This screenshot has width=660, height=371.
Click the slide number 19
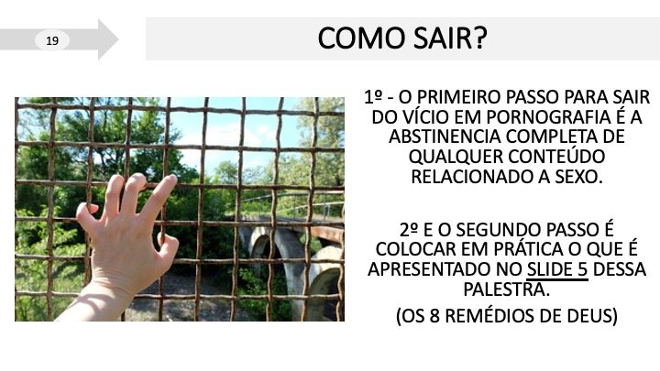(52, 41)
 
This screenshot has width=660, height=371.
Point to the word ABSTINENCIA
(445, 136)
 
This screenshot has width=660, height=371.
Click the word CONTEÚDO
(556, 157)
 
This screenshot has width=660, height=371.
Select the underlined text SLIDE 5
(557, 269)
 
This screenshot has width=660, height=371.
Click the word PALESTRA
(507, 289)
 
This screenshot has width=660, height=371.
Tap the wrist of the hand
(108, 290)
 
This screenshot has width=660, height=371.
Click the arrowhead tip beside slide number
(118, 39)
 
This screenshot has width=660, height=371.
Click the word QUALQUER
(454, 157)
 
